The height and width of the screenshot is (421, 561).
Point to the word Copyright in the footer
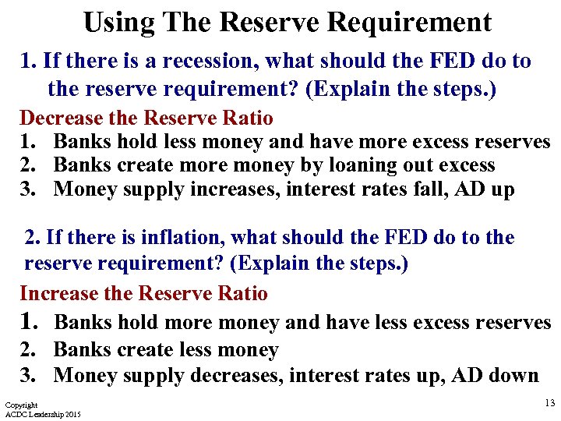pos(21,405)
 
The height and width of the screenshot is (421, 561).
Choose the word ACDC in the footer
pos(16,414)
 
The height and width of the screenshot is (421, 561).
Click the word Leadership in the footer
pos(44,414)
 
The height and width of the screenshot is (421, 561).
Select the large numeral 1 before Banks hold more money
pos(29,320)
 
